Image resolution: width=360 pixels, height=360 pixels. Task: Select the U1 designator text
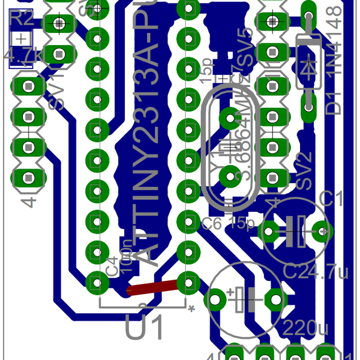[144, 328]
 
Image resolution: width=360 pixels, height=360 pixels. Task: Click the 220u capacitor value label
[305, 329]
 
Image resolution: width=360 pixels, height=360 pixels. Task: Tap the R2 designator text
[22, 18]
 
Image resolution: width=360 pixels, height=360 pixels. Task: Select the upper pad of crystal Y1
[230, 118]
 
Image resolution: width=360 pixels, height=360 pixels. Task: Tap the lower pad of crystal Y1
[230, 176]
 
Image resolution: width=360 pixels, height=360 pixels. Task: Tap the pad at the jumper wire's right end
[188, 281]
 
